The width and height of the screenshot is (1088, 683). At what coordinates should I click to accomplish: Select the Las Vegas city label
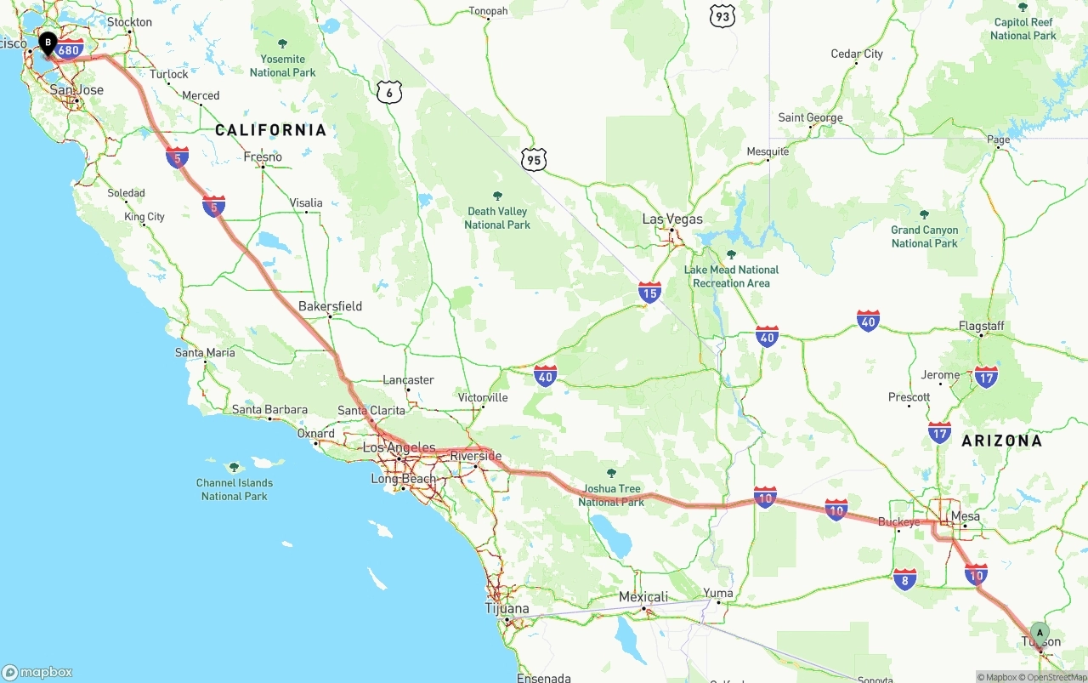(x=672, y=219)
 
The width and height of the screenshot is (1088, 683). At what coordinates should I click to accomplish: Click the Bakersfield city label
(x=330, y=306)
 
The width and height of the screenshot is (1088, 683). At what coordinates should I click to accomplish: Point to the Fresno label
(x=263, y=157)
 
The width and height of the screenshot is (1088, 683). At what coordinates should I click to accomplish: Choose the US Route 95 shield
(x=534, y=158)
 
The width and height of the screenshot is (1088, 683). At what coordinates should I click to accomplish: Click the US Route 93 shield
(x=722, y=15)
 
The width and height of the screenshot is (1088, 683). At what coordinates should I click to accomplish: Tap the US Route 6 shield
(x=388, y=93)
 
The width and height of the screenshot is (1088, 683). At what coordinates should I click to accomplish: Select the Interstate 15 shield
(x=650, y=293)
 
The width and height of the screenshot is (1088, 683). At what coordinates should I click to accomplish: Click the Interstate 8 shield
(x=904, y=580)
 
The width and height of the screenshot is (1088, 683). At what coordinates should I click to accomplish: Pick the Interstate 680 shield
(x=70, y=50)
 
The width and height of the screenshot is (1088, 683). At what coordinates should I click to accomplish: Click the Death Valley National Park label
(x=497, y=218)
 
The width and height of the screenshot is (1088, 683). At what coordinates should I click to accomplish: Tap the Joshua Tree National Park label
(x=611, y=495)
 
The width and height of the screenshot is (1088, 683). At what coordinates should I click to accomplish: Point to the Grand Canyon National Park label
(x=925, y=236)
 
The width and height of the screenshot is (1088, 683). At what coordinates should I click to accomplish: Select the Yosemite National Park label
(x=282, y=65)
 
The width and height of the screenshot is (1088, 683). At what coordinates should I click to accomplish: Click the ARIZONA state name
(x=1001, y=441)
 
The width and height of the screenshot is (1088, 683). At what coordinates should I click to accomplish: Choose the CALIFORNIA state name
(x=270, y=130)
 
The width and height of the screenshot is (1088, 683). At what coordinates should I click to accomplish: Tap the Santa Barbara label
(x=269, y=410)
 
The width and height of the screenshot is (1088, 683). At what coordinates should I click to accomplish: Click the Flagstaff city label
(x=981, y=326)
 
